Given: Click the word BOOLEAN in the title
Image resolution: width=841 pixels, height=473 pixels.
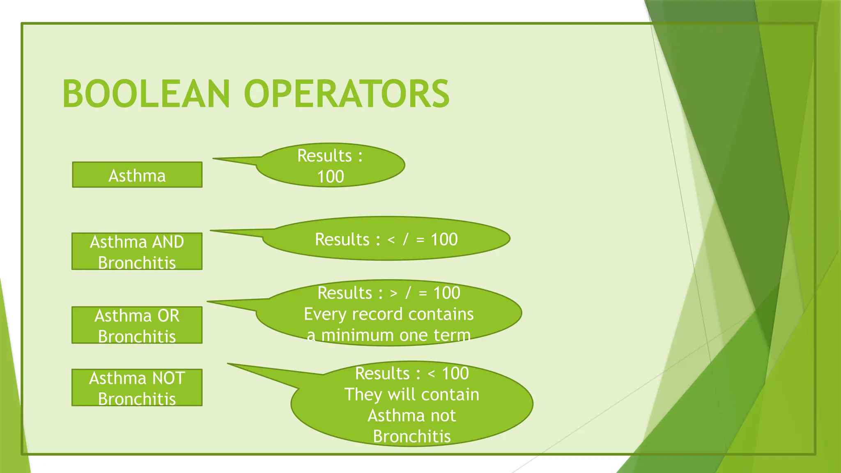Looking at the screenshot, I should click(x=146, y=94).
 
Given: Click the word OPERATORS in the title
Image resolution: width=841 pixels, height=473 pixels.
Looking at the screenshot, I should click(x=347, y=94).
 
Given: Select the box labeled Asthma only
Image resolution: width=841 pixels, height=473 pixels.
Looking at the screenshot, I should click(x=137, y=175).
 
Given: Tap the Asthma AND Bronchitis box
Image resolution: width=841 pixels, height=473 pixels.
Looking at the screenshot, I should click(x=137, y=252).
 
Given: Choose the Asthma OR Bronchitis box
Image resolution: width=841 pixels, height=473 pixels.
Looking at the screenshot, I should click(x=137, y=325).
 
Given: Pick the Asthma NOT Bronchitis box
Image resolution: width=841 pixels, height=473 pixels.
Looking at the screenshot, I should click(x=137, y=388).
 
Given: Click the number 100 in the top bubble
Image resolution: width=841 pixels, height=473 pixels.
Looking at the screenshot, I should click(x=331, y=177).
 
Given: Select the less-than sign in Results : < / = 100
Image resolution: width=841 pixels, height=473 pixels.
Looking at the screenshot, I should click(x=391, y=240).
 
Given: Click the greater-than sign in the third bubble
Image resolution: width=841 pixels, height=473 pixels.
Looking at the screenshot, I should click(x=394, y=293).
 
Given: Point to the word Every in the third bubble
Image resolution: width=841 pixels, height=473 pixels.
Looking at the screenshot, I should click(x=325, y=314).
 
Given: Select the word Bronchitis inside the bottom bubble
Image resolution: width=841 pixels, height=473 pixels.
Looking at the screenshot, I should click(x=411, y=436).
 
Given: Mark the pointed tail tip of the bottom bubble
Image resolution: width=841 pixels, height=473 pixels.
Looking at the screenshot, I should click(x=229, y=364).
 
